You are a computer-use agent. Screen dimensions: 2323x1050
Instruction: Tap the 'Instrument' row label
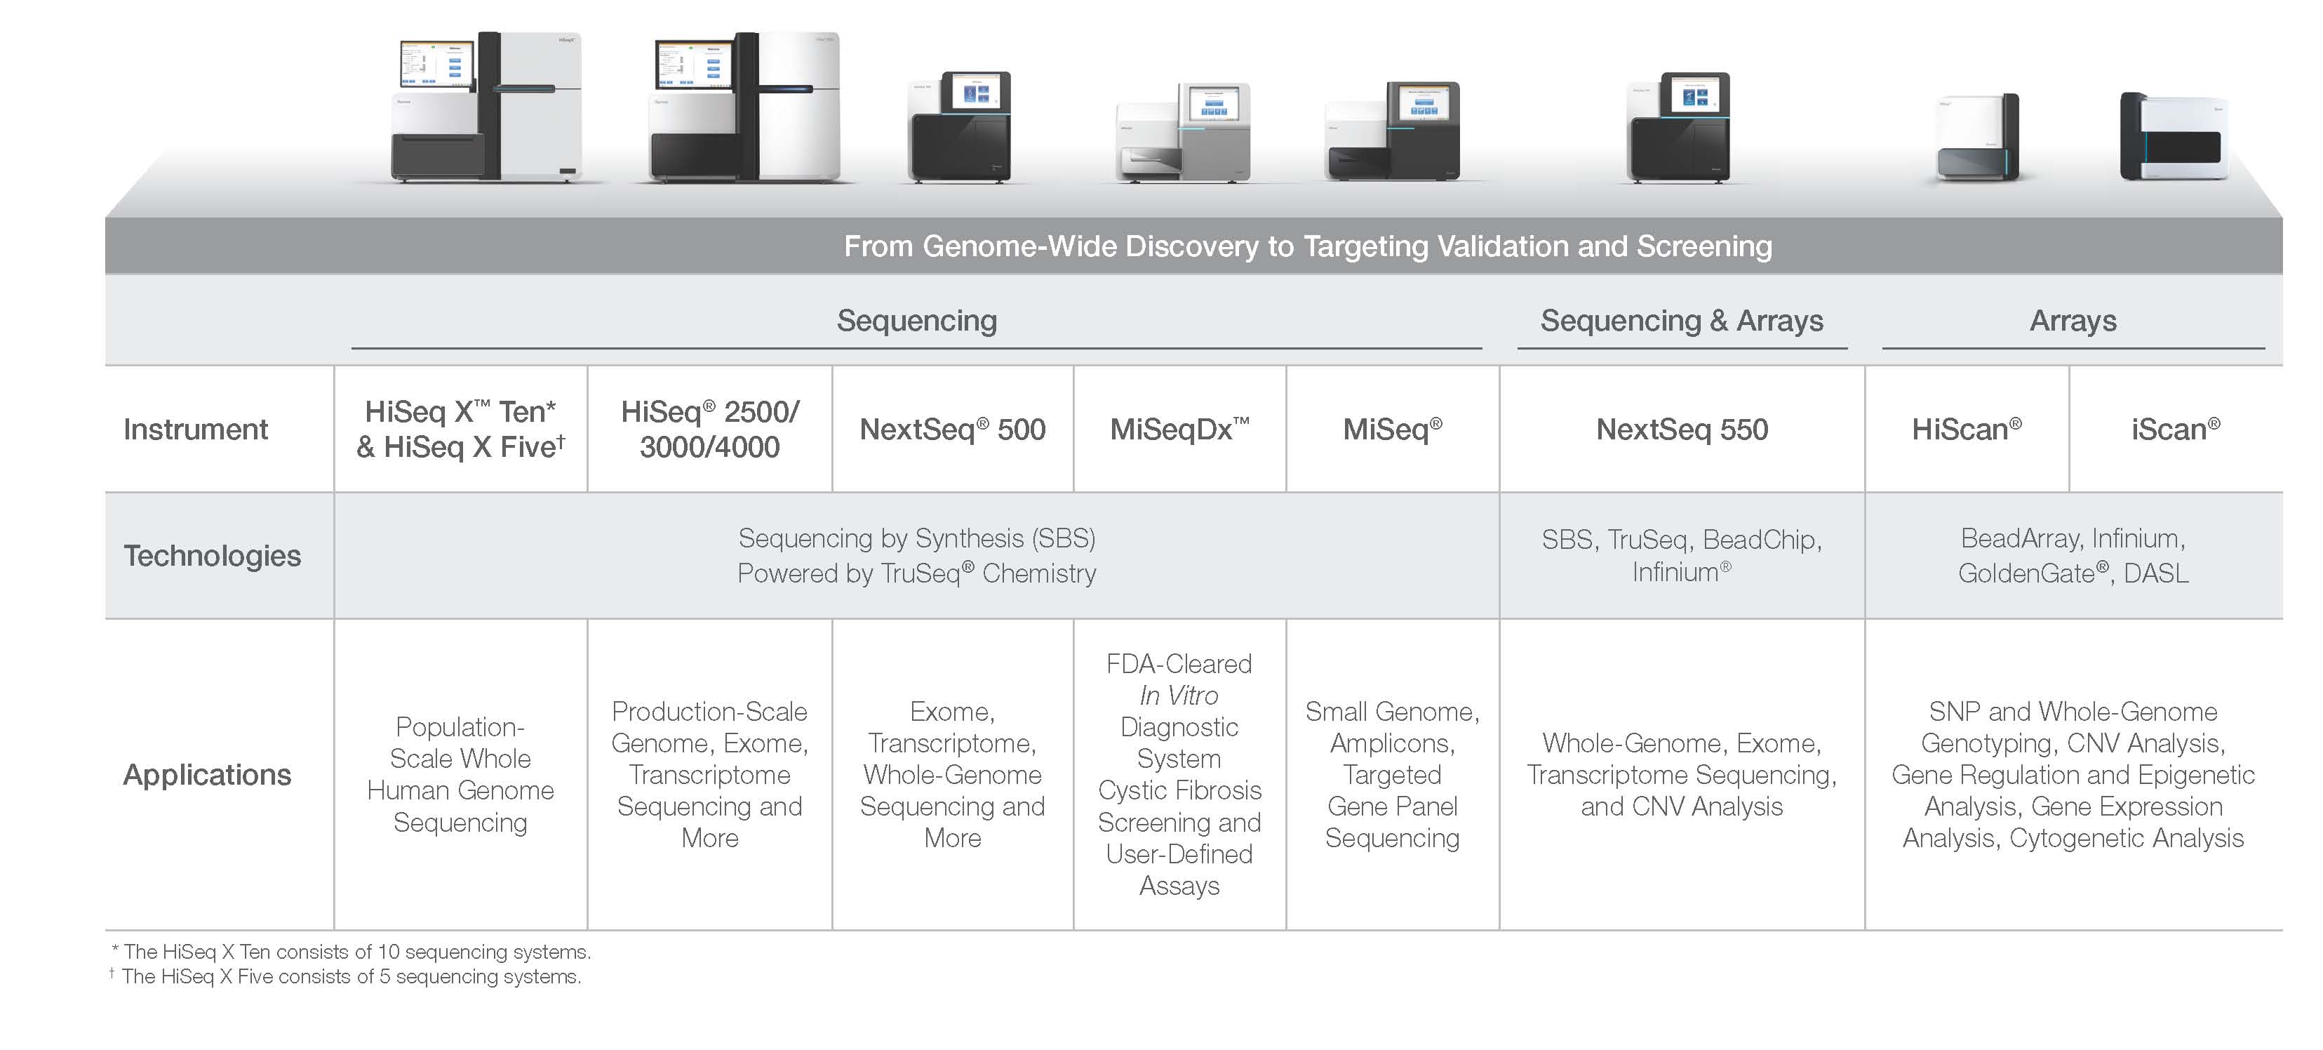coord(196,430)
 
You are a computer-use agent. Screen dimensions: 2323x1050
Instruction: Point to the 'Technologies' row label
coord(212,556)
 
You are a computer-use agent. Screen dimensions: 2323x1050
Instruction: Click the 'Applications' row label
coord(208,774)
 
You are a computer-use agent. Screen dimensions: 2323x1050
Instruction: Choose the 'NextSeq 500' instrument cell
coord(952,430)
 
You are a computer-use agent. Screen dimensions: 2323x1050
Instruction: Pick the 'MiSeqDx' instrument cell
coord(1179,430)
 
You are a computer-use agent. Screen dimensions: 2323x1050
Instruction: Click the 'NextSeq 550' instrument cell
coord(1682,430)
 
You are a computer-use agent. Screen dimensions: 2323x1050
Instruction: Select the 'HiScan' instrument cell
coord(1967,430)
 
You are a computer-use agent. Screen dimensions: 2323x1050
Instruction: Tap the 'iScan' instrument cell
coord(2175,430)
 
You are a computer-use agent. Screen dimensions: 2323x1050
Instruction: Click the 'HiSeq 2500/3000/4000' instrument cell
coord(710,430)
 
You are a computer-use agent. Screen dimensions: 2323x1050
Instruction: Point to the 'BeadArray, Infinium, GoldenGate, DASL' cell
coord(2073,556)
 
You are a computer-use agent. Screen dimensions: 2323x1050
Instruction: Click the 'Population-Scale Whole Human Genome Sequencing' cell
coord(460,774)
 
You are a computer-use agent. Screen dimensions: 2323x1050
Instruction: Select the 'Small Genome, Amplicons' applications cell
coord(1393,774)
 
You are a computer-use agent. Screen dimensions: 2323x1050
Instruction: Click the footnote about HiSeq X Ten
coord(351,952)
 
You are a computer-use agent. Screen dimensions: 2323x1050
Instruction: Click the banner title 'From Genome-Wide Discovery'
coord(1308,246)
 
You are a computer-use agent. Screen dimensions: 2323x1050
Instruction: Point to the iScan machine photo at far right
coord(2174,136)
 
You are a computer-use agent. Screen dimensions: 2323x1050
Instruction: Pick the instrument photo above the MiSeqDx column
coord(1182,132)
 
